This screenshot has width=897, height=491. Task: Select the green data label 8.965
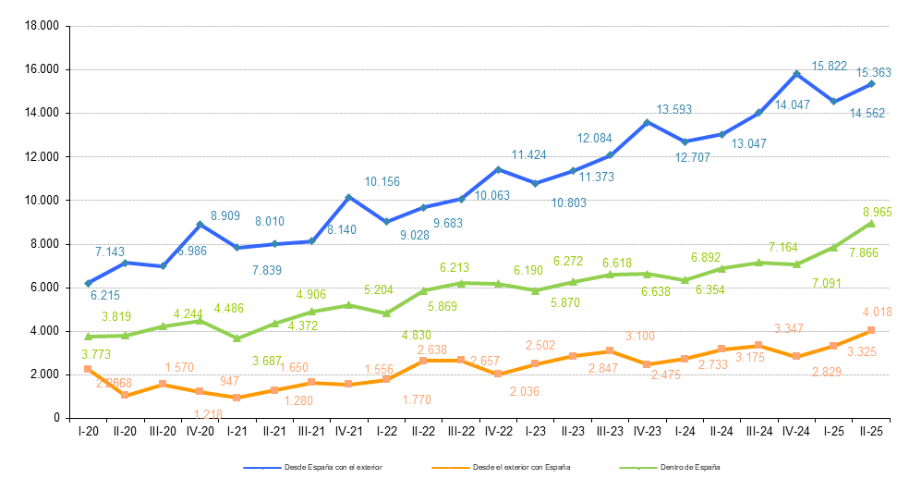point(877,212)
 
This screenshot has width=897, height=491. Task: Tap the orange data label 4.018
point(877,312)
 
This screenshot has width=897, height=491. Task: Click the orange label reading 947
point(230,381)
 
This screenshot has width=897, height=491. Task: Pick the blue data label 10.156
point(382,181)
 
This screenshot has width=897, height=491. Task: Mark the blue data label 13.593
point(674,109)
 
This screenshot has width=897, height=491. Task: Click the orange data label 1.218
point(208,414)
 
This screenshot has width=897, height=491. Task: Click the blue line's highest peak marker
point(796,74)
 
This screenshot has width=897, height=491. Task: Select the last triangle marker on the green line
point(871,223)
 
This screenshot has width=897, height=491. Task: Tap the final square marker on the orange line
point(871,330)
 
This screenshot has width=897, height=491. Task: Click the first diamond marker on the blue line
point(89,283)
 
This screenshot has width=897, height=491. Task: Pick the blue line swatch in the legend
point(262,468)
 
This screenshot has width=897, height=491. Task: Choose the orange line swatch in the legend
point(451,468)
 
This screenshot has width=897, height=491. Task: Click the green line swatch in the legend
point(638,468)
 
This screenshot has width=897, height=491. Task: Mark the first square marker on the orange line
point(88,369)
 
